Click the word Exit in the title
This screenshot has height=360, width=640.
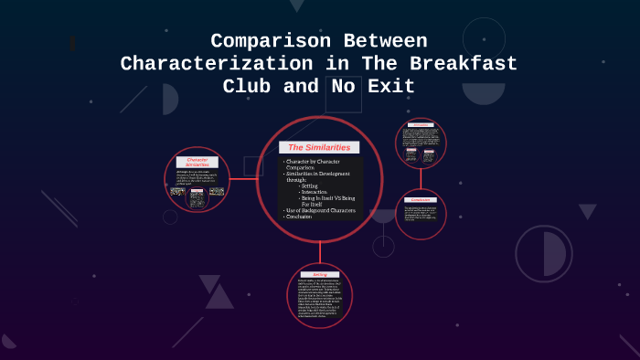(x=389, y=87)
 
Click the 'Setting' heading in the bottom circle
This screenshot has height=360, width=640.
(x=319, y=272)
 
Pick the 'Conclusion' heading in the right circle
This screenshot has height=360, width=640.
(x=421, y=198)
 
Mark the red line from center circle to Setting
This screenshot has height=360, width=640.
(x=320, y=253)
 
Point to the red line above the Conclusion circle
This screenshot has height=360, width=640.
(x=421, y=177)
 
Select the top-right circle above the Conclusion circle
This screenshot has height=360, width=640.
(x=421, y=143)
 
